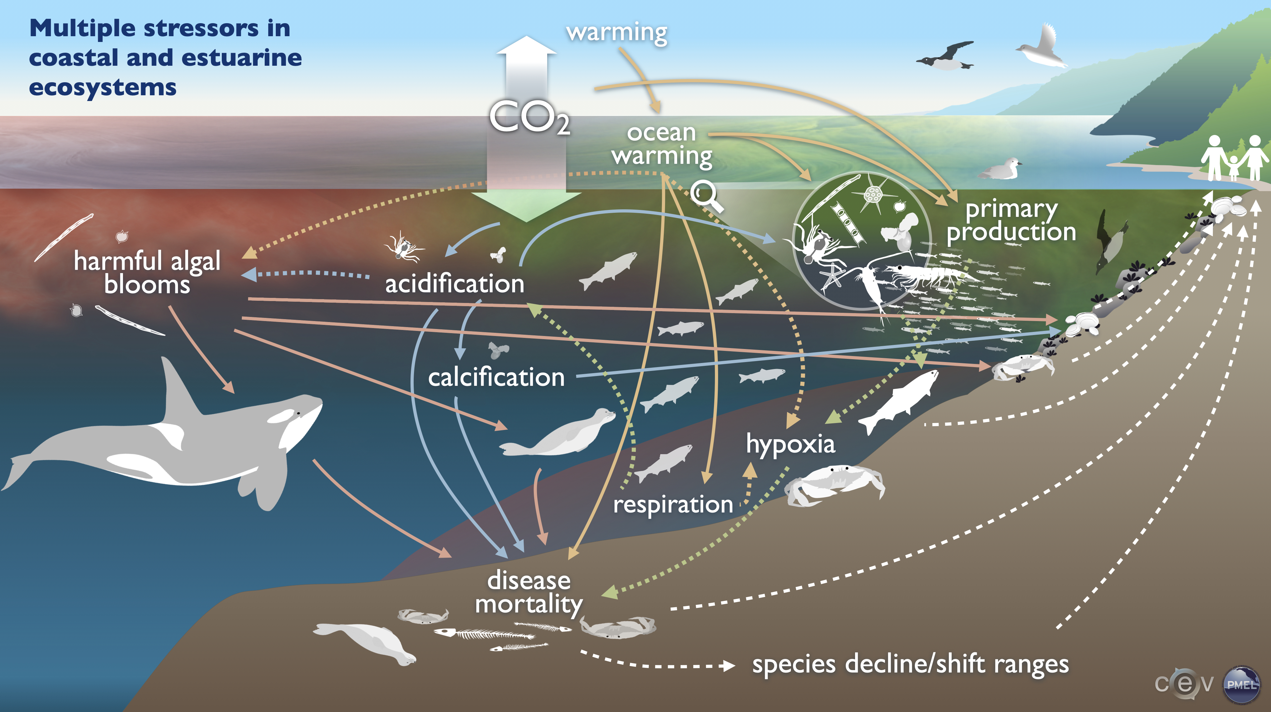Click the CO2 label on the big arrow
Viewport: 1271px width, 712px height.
tap(529, 118)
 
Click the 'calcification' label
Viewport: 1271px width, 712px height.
tap(496, 377)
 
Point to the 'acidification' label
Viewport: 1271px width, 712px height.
tap(454, 284)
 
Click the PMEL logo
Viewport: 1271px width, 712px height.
tap(1241, 684)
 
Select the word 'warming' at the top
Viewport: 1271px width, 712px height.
tap(617, 32)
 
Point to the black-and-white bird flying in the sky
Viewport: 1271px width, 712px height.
tap(945, 55)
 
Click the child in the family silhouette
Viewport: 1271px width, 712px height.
tap(1233, 168)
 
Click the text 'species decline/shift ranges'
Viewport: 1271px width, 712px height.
tap(910, 664)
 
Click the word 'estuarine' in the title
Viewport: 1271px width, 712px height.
tap(242, 58)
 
